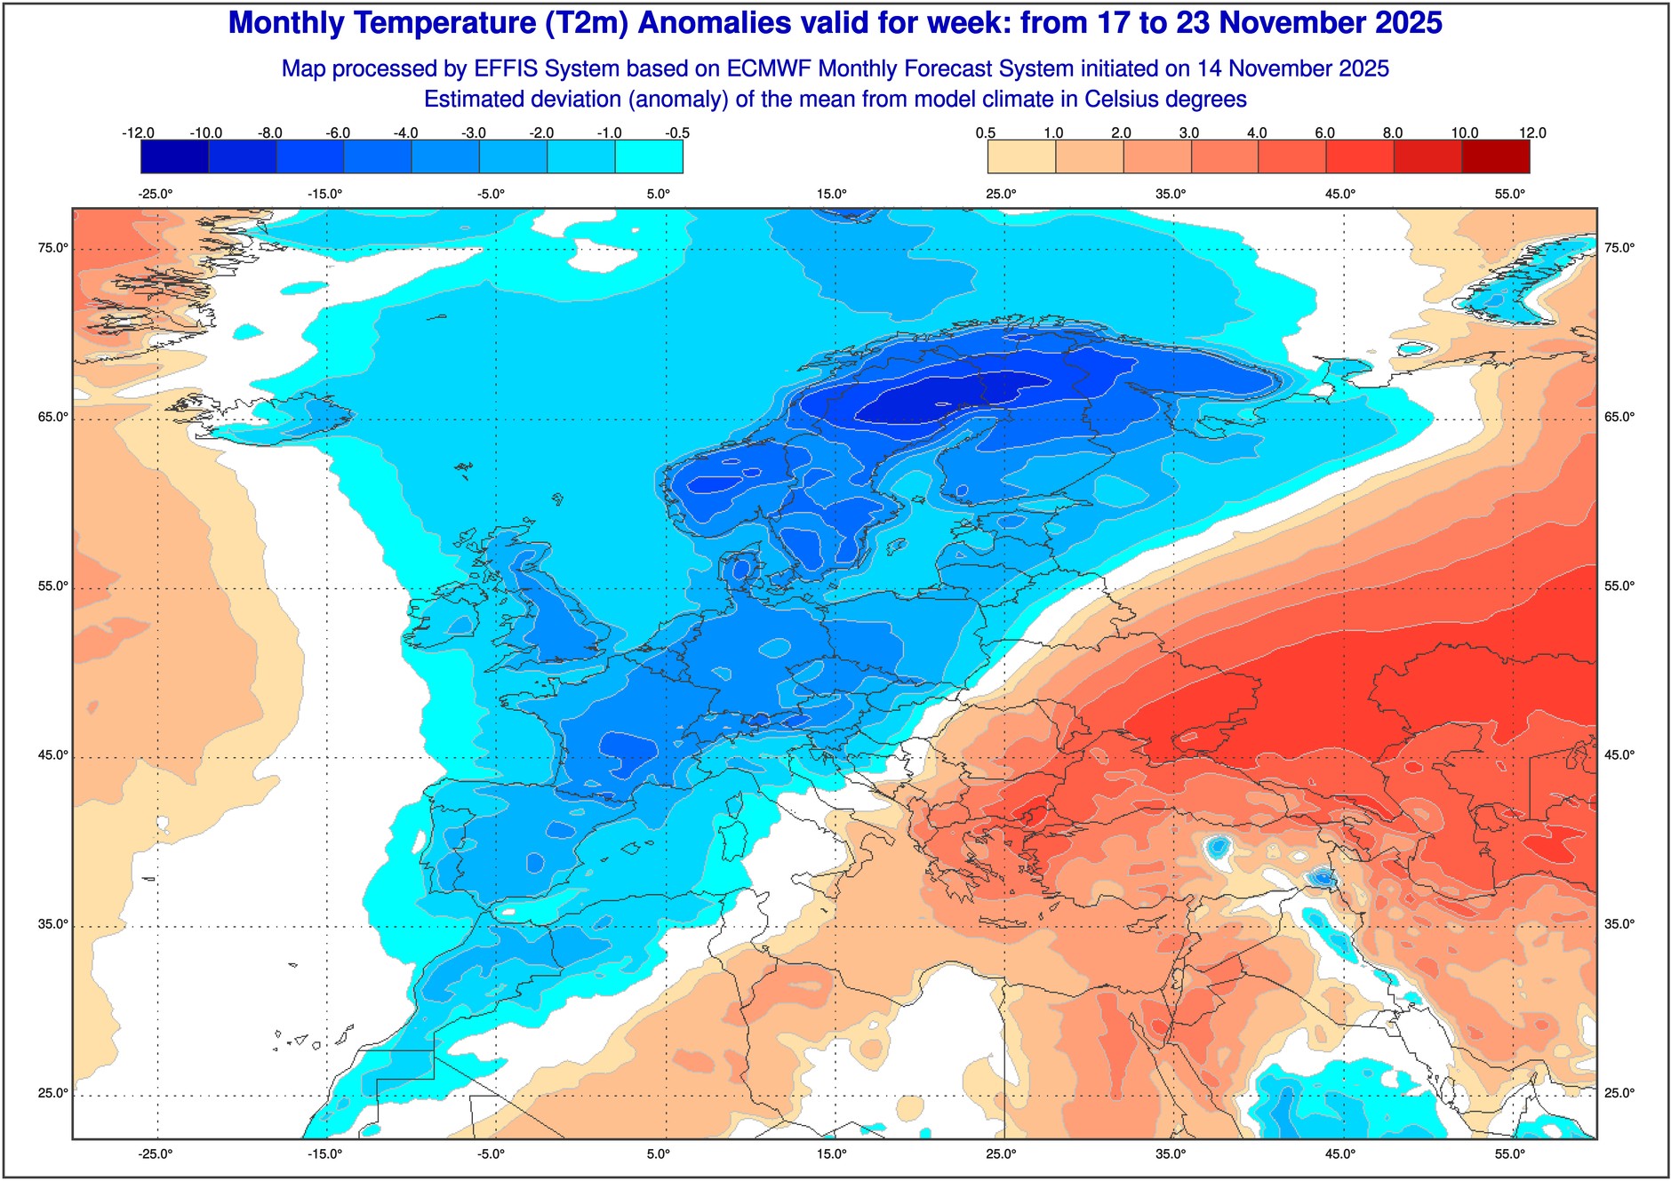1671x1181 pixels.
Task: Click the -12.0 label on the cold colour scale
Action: click(138, 133)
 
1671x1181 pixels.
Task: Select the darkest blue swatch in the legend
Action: click(174, 157)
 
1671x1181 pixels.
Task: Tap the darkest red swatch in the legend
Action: click(1496, 157)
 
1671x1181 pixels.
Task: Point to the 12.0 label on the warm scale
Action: click(1532, 133)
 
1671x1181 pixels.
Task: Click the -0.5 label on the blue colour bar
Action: click(677, 133)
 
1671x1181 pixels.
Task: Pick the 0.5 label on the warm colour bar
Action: click(986, 133)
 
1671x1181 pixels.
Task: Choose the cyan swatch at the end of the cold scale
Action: click(649, 157)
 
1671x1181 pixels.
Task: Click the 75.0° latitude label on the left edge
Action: click(53, 248)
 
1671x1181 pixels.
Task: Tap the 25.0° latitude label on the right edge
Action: click(1619, 1093)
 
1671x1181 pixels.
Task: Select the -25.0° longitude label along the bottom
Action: click(156, 1154)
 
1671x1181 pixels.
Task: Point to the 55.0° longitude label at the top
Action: click(1510, 194)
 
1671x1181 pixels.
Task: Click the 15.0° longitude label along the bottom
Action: click(832, 1154)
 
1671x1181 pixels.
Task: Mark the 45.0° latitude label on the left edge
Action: click(53, 755)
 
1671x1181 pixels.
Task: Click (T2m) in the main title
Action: click(587, 23)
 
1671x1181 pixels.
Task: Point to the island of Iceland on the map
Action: click(267, 418)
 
